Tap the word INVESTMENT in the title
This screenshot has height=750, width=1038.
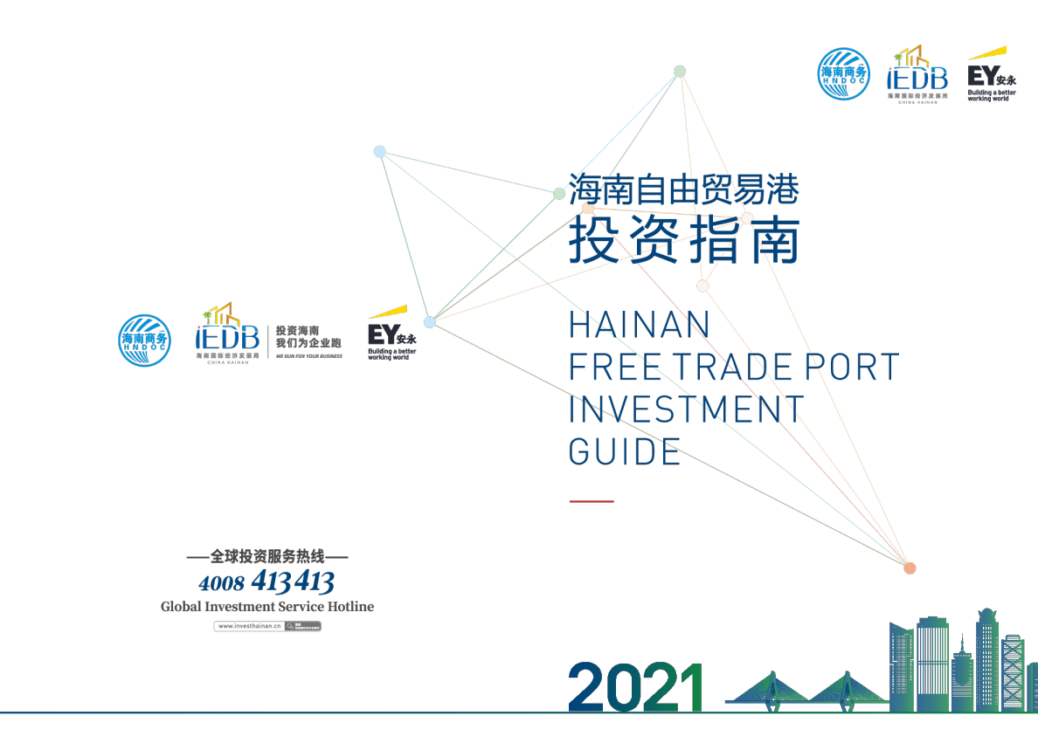click(686, 409)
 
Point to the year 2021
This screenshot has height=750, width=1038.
click(636, 687)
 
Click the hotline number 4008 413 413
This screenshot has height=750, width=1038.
click(266, 581)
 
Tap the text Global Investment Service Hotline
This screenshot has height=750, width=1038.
click(266, 606)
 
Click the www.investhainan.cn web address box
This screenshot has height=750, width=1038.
click(267, 626)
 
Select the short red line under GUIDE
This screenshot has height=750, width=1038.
click(592, 501)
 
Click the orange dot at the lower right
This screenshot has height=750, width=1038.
click(910, 568)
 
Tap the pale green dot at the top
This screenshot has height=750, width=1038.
click(680, 72)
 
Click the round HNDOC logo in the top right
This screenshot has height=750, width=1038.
click(843, 73)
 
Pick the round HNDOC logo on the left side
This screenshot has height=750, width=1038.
click(144, 340)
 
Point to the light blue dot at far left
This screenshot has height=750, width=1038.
click(380, 152)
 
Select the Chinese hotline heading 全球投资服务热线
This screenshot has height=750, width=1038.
click(267, 556)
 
